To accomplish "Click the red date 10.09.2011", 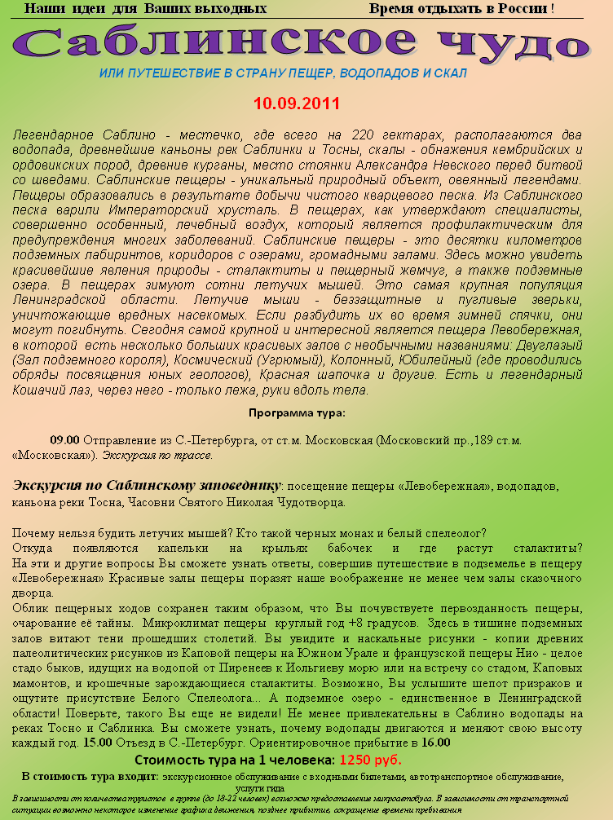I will [297, 104].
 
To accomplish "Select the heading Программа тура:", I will [297, 412].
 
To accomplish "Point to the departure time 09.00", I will [64, 439].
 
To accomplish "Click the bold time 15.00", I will [98, 743].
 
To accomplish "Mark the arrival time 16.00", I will [436, 743].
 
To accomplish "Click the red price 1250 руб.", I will [370, 760].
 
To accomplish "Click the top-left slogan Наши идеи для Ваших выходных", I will [146, 9].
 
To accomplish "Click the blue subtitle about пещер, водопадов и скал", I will [283, 73].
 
